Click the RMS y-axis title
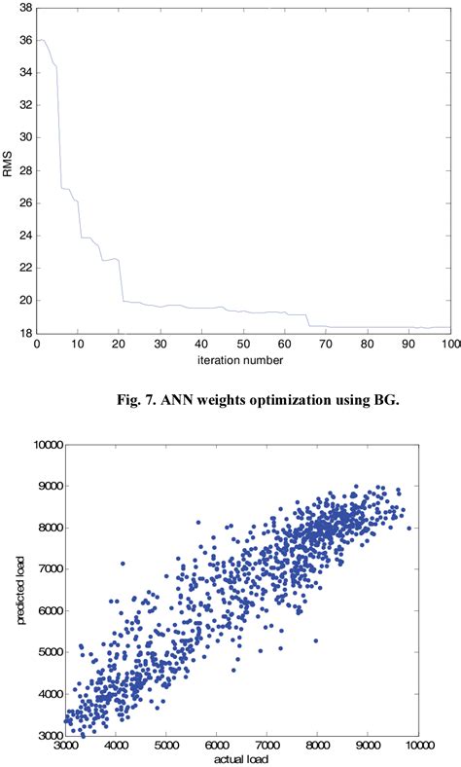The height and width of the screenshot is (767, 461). coord(11,168)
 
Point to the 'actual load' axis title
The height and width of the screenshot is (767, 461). coord(243,758)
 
